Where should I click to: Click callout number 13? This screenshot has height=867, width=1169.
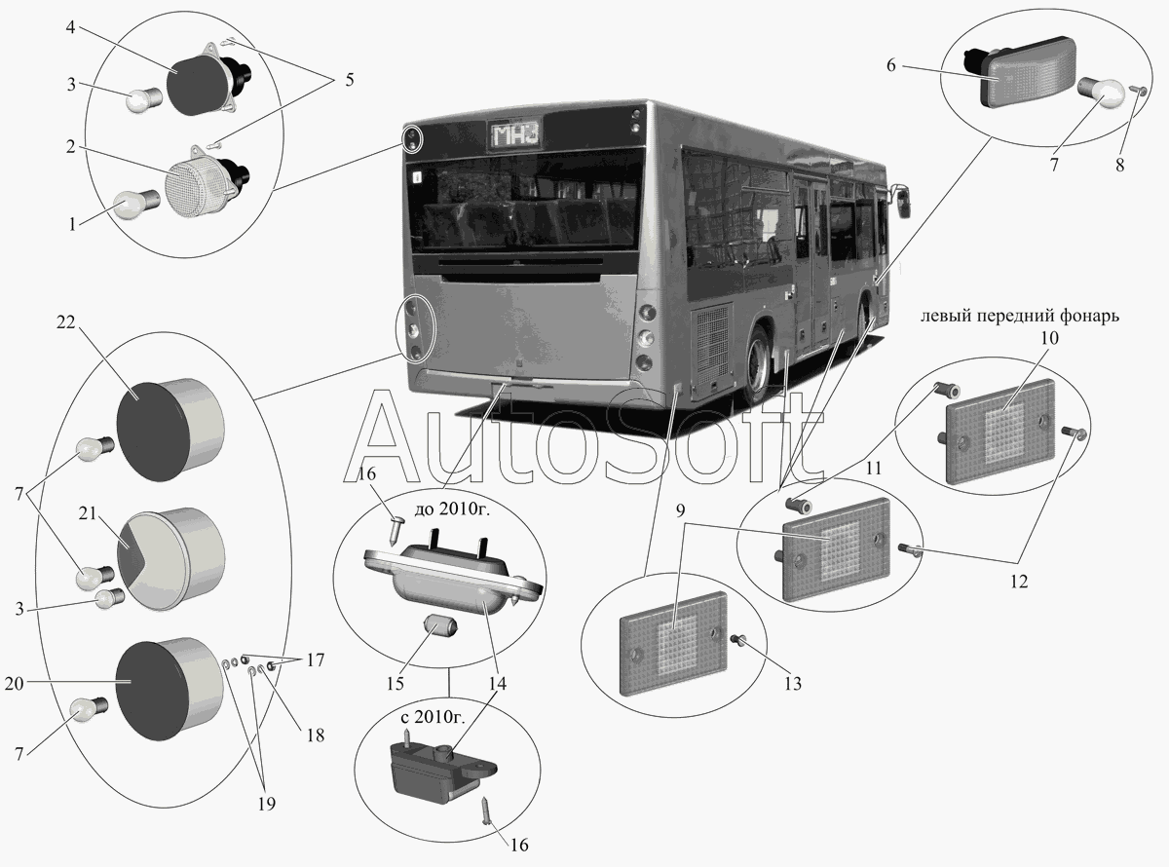pos(793,685)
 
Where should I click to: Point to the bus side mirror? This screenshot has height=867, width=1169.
pos(903,202)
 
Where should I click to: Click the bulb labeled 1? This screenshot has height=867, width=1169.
pos(131,205)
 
